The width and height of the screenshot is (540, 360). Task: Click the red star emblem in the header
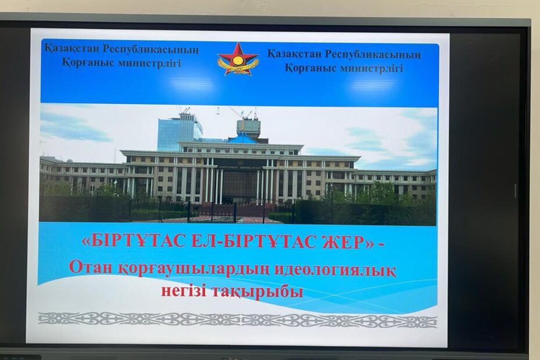click(237, 59)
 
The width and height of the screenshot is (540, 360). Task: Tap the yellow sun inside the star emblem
click(237, 60)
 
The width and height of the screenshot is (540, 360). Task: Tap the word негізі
click(183, 291)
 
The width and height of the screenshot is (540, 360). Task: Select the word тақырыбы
click(257, 292)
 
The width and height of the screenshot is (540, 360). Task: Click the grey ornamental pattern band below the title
click(237, 321)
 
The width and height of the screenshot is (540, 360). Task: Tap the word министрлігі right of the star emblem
click(372, 68)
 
